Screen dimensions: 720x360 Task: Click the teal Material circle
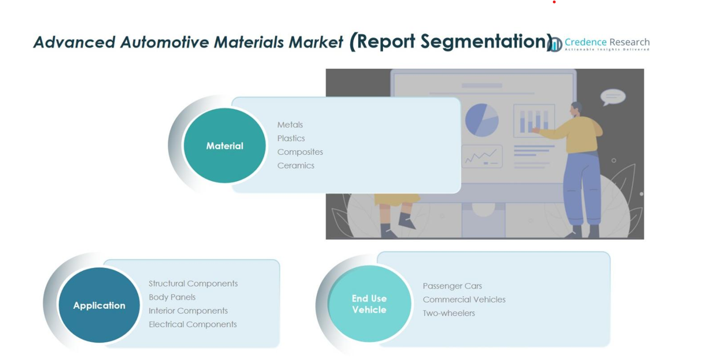pyautogui.click(x=225, y=145)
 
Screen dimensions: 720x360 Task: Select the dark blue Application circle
pyautogui.click(x=99, y=305)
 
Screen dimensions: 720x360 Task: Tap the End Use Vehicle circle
pyautogui.click(x=369, y=304)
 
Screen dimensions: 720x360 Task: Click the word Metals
pyautogui.click(x=290, y=125)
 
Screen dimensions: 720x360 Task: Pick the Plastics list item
pyautogui.click(x=291, y=138)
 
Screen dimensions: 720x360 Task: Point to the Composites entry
pyautogui.click(x=300, y=152)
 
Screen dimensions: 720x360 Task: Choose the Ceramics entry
pyautogui.click(x=296, y=165)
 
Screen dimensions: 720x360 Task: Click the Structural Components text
pyautogui.click(x=193, y=284)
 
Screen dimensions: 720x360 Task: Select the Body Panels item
pyautogui.click(x=172, y=297)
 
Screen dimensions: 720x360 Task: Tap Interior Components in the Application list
pyautogui.click(x=188, y=311)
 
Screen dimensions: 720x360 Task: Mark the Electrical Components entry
pyautogui.click(x=192, y=324)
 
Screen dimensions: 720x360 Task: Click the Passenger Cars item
pyautogui.click(x=452, y=286)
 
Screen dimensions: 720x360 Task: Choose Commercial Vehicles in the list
pyautogui.click(x=464, y=300)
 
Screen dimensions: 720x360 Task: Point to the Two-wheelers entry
pyautogui.click(x=449, y=313)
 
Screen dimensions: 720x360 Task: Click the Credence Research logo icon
pyautogui.click(x=555, y=45)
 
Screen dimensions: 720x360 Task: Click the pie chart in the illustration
pyautogui.click(x=482, y=120)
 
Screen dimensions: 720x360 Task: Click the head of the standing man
pyautogui.click(x=576, y=110)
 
